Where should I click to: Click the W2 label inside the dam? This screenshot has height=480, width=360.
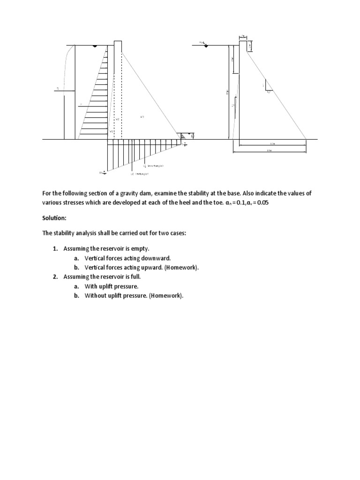[x=118, y=120]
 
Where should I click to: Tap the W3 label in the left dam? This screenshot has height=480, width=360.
[x=142, y=117]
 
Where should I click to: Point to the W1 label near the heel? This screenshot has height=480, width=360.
[x=111, y=132]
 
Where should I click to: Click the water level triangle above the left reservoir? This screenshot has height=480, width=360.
[x=95, y=46]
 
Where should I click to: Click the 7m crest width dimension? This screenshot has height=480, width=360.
[x=243, y=36]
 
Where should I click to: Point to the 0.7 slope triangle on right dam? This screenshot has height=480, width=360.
[x=267, y=89]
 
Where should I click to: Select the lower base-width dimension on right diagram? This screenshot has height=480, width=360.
[x=269, y=150]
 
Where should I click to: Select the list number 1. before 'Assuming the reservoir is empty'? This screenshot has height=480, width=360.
[x=55, y=248]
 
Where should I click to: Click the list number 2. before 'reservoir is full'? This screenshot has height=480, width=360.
[x=55, y=277]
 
